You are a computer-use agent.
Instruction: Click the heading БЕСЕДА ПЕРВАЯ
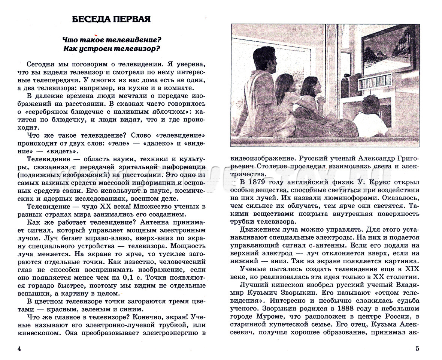111,19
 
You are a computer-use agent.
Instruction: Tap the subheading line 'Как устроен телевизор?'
112,48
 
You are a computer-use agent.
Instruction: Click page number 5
417,349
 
